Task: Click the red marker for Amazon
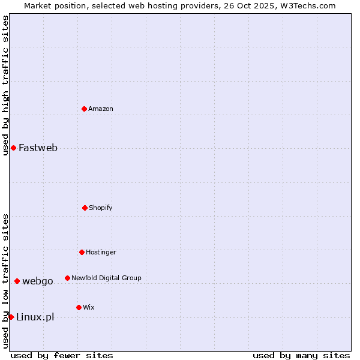tap(85, 109)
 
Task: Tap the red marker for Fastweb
tap(13, 148)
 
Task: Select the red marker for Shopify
tap(85, 208)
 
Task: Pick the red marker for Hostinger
tap(82, 252)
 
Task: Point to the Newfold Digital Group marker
tap(67, 278)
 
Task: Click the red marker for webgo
tap(17, 281)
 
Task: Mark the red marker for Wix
tap(79, 307)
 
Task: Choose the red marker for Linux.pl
tap(11, 317)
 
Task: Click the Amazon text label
tap(101, 109)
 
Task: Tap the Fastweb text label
tap(38, 148)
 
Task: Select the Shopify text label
tap(101, 208)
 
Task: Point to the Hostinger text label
tap(101, 252)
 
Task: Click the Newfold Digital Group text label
tap(106, 278)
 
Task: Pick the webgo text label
tap(38, 281)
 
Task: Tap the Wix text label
tap(89, 307)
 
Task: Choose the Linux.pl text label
tap(35, 317)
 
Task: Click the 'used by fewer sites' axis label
tap(62, 355)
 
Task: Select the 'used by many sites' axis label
tap(301, 355)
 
